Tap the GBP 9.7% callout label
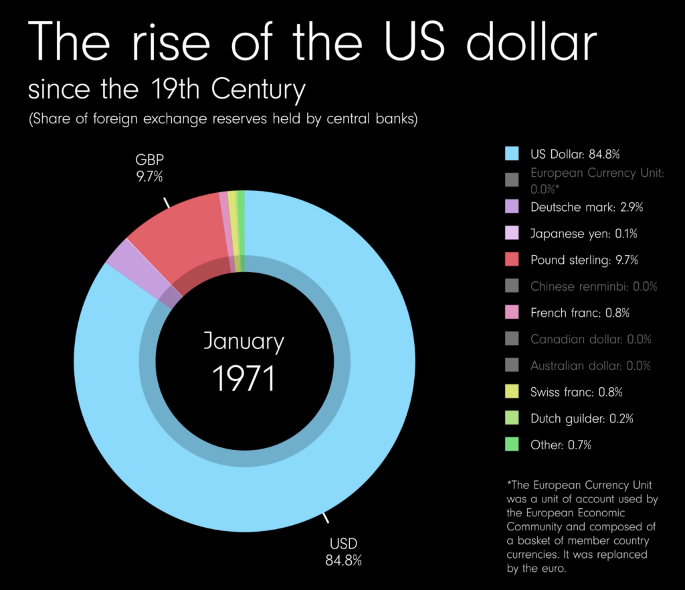click(150, 168)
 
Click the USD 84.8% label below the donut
click(343, 551)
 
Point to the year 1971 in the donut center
click(243, 378)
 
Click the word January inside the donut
click(243, 342)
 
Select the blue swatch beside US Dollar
click(512, 154)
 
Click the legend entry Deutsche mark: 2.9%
click(586, 207)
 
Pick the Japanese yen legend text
click(583, 234)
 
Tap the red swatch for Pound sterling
click(512, 260)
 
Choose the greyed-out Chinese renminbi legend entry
click(593, 287)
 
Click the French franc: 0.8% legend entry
click(579, 313)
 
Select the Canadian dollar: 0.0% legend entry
click(591, 339)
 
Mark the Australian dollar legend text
click(590, 366)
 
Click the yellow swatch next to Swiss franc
click(512, 392)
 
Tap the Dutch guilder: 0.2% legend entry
click(581, 419)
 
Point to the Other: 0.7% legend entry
click(561, 445)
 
